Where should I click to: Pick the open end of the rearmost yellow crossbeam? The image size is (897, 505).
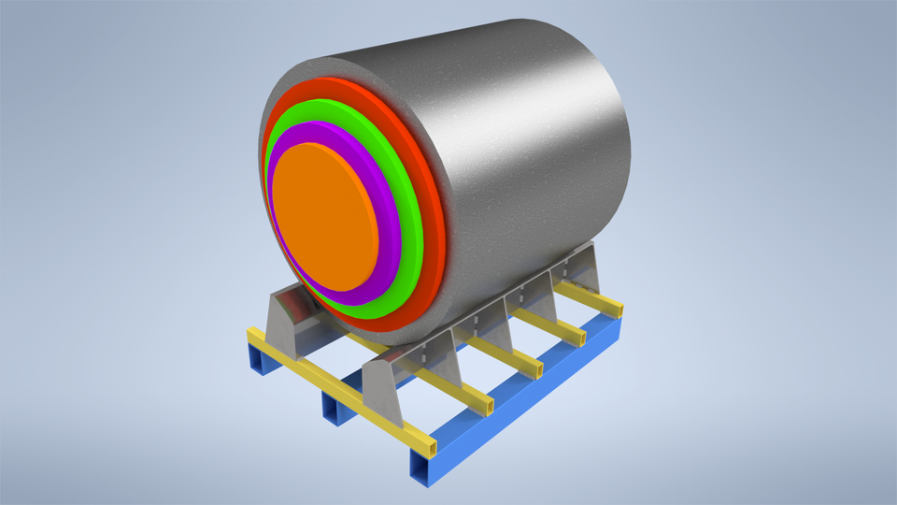(x=615, y=305)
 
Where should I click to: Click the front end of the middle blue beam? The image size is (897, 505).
(x=329, y=406)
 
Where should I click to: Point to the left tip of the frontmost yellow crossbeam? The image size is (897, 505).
(x=249, y=333)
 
